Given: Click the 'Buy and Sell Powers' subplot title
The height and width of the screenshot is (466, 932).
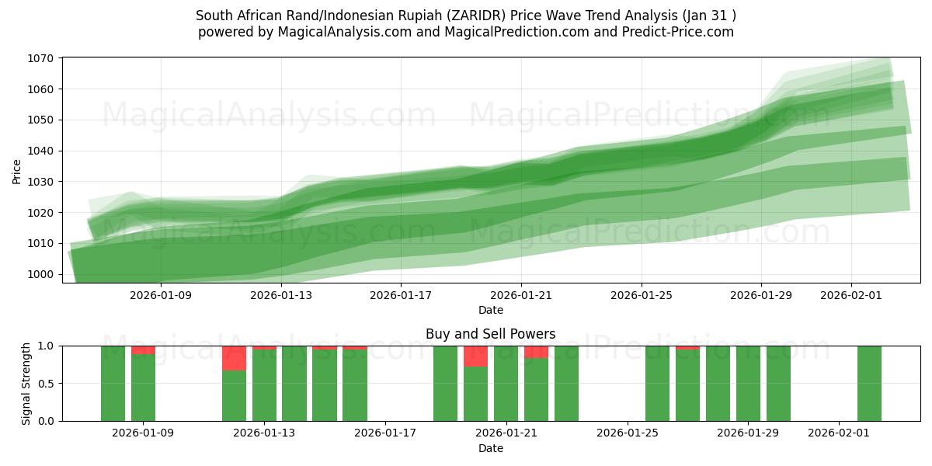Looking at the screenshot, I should click(x=490, y=335).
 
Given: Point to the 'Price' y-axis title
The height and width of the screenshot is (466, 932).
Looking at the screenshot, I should click(x=17, y=170).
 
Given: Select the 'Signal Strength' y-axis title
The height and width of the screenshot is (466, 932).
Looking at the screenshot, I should click(x=26, y=384).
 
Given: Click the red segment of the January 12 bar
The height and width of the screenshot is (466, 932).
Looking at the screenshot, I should click(x=234, y=358).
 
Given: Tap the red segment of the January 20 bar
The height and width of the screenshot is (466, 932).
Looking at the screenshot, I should click(x=475, y=356).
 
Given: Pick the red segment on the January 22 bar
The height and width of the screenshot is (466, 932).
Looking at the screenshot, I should click(x=536, y=352).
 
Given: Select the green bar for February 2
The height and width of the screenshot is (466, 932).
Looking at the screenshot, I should click(x=869, y=384).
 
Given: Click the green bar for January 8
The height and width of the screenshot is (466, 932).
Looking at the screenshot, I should click(x=113, y=384).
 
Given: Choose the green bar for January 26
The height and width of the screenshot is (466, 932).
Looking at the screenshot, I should click(x=657, y=384).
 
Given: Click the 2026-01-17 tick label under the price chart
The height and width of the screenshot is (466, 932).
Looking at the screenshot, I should click(x=401, y=295).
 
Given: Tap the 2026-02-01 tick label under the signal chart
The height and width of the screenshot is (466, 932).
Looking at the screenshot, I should click(x=839, y=433).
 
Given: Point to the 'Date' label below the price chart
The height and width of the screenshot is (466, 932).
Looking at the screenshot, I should click(x=490, y=311).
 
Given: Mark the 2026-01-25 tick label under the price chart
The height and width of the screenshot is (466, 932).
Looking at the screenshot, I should click(x=641, y=295).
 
